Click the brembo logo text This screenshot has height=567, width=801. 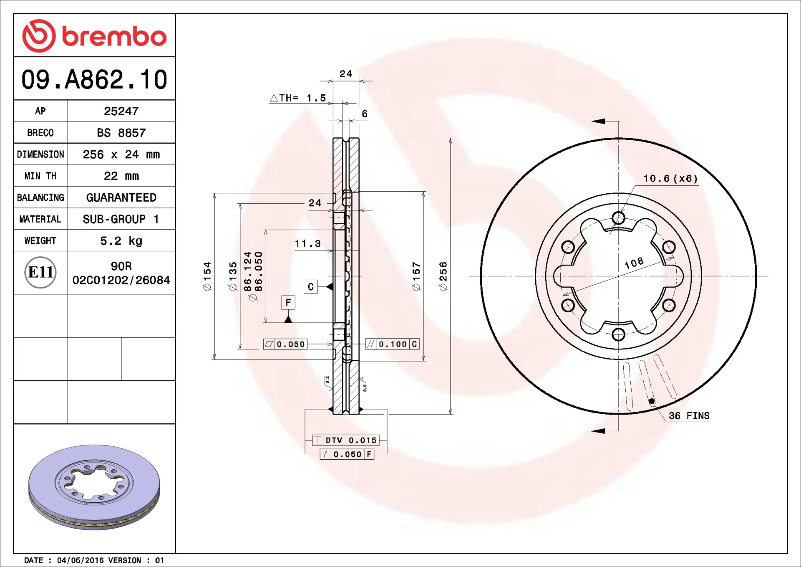[x=114, y=36]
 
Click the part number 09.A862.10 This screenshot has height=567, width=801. [x=94, y=79]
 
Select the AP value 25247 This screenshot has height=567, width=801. [x=121, y=111]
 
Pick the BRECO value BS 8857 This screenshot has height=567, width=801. [x=121, y=133]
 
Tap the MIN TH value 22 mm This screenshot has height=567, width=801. [x=121, y=176]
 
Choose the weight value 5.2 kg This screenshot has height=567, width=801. [x=121, y=241]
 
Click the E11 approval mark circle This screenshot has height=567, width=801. [x=40, y=272]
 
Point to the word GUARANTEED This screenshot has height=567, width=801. [x=121, y=197]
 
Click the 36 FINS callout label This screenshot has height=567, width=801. [x=689, y=415]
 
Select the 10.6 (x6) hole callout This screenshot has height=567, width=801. [x=670, y=178]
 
